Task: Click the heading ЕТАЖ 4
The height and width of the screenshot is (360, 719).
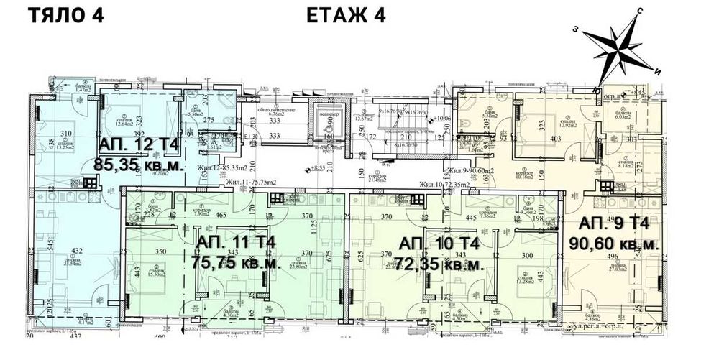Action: [x=346, y=17]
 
